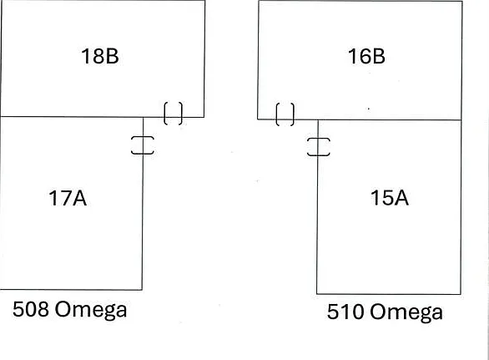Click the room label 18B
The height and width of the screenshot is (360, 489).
(100, 57)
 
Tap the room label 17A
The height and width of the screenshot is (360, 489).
(68, 198)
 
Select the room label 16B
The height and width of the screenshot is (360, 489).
(366, 57)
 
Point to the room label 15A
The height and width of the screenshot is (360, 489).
(390, 198)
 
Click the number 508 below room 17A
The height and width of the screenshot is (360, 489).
(31, 309)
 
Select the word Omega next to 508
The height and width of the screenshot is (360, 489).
(91, 311)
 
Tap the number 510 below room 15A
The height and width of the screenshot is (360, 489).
(345, 312)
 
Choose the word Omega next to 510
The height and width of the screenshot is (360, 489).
(406, 313)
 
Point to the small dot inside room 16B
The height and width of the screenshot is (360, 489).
(369, 109)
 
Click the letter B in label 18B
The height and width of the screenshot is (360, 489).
(113, 57)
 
